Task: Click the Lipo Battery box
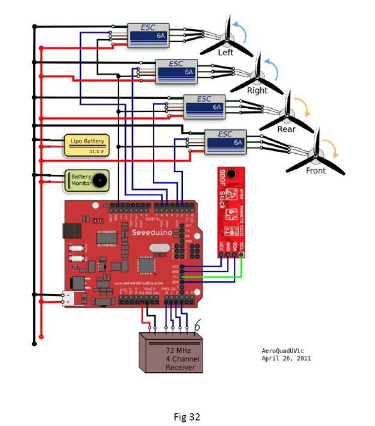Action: tap(85, 145)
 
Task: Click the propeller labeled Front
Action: tap(317, 156)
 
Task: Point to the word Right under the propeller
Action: tap(257, 91)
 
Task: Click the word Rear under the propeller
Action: tap(286, 129)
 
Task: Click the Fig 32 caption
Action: tap(187, 416)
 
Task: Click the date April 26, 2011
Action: tap(286, 358)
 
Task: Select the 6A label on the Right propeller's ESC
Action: tap(189, 71)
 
